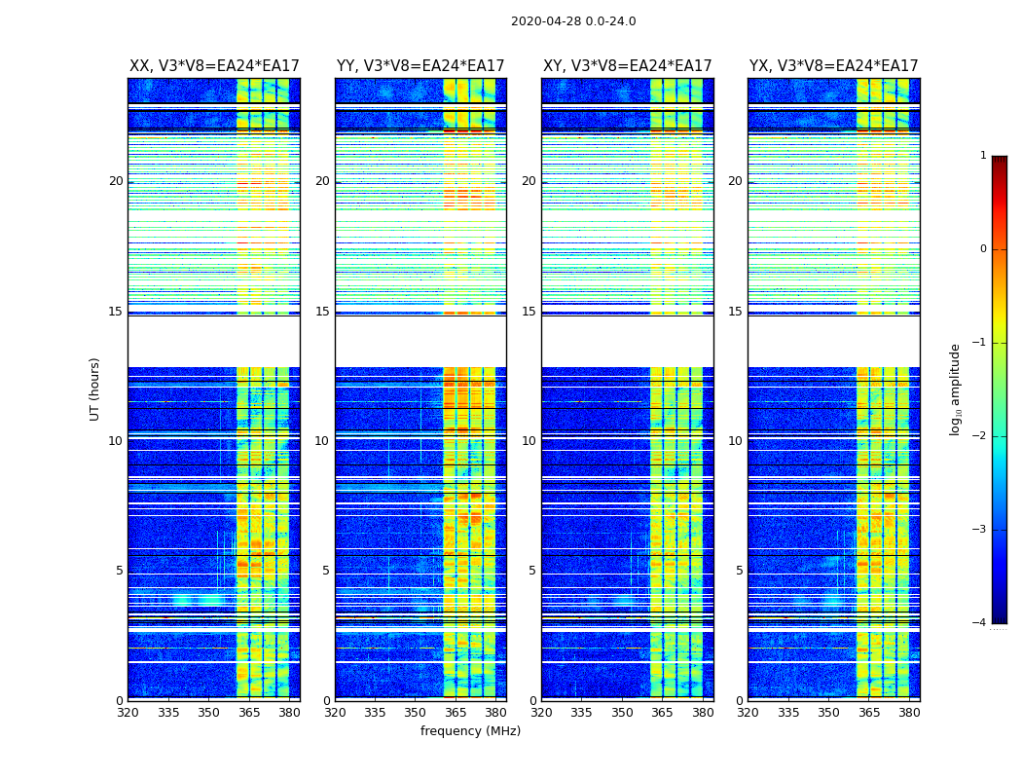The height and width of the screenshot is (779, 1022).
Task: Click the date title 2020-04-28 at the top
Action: click(573, 21)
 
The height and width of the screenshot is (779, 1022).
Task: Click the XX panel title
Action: click(214, 66)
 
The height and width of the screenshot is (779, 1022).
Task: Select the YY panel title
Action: click(420, 66)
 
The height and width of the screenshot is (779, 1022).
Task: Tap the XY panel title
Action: click(628, 66)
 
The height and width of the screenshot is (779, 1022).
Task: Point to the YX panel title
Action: click(834, 66)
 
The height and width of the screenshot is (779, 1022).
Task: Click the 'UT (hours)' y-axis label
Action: click(95, 389)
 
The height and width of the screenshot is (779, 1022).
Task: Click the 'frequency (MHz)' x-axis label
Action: click(470, 731)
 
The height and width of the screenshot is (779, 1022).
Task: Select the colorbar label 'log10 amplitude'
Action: click(956, 389)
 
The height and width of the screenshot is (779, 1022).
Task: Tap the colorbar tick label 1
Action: click(983, 156)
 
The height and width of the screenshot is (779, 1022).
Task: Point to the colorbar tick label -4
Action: click(980, 623)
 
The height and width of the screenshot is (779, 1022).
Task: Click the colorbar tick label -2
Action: click(980, 436)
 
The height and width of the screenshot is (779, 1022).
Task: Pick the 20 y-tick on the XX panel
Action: click(116, 181)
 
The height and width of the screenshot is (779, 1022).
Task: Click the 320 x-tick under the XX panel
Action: click(128, 713)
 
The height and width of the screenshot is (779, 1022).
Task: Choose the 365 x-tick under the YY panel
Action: click(456, 713)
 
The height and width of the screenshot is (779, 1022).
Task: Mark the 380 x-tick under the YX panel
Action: click(909, 713)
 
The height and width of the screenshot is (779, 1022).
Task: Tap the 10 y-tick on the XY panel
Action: click(529, 441)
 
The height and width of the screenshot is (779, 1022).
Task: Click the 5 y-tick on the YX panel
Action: click(739, 571)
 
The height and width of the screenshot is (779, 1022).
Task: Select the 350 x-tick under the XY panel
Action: click(622, 713)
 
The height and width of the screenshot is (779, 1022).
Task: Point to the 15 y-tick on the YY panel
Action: click(322, 312)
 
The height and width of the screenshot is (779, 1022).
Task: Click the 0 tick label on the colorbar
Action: click(983, 249)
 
